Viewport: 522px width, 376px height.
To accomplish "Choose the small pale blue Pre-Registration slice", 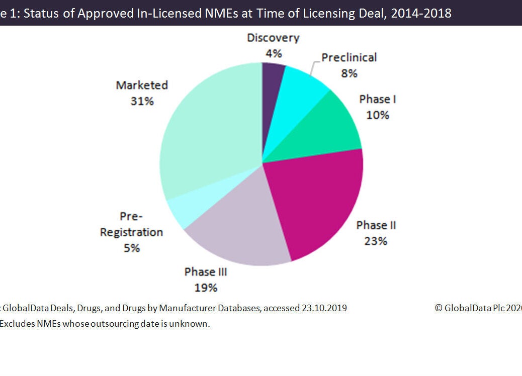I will [x=179, y=211].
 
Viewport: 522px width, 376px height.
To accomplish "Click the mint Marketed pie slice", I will [x=206, y=131].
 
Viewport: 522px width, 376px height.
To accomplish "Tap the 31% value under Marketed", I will [x=142, y=101].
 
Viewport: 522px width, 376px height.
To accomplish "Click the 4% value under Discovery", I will [x=273, y=54].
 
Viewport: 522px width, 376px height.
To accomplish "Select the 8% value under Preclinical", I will [x=349, y=73].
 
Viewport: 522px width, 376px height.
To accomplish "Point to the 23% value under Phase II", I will [x=376, y=241].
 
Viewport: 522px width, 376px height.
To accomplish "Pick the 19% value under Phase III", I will [x=206, y=288].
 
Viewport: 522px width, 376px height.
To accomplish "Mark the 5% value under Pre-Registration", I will [x=131, y=248].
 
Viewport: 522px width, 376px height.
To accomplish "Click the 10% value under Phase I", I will [x=377, y=115].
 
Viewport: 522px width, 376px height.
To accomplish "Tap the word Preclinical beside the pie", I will [x=349, y=57].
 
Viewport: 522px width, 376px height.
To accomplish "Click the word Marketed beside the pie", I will [x=142, y=85].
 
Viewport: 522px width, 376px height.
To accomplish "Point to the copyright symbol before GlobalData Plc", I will [x=439, y=308].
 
